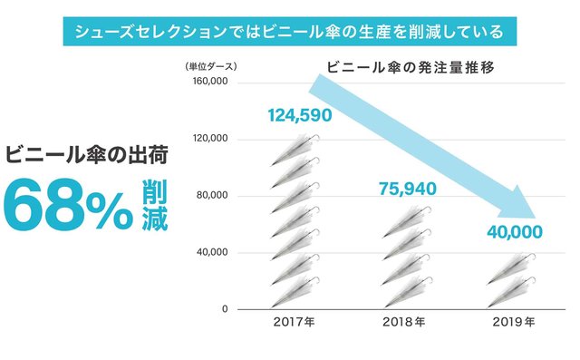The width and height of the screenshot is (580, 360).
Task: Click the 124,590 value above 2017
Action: click(x=300, y=115)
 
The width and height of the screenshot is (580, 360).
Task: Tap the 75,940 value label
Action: click(x=408, y=189)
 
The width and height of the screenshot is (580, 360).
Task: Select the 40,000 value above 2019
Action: click(x=515, y=232)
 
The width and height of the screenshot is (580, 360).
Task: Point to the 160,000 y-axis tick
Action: click(x=210, y=82)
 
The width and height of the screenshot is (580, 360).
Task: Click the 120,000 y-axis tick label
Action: click(x=210, y=139)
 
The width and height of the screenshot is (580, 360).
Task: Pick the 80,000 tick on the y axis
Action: click(x=212, y=195)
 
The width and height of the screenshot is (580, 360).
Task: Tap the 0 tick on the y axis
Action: click(x=225, y=309)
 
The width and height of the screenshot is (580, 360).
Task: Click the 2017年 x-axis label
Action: click(x=295, y=322)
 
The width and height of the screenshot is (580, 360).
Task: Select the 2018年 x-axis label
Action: click(x=404, y=322)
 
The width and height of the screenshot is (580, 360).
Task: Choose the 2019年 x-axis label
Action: click(x=514, y=322)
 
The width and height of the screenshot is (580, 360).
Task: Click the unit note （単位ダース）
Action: click(x=210, y=66)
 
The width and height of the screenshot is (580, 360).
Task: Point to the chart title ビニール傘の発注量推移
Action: click(x=411, y=68)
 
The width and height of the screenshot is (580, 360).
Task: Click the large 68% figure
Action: click(x=68, y=205)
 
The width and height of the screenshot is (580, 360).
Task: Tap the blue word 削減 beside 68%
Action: click(x=155, y=205)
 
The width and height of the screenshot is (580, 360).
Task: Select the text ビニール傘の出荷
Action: click(x=87, y=155)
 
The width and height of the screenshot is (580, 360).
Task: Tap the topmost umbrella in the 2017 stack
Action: click(x=295, y=150)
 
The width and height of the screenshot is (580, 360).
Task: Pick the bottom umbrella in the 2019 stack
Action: click(x=511, y=292)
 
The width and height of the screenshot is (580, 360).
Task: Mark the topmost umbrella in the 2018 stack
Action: click(x=406, y=222)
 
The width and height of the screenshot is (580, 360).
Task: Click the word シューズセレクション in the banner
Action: click(x=150, y=32)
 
